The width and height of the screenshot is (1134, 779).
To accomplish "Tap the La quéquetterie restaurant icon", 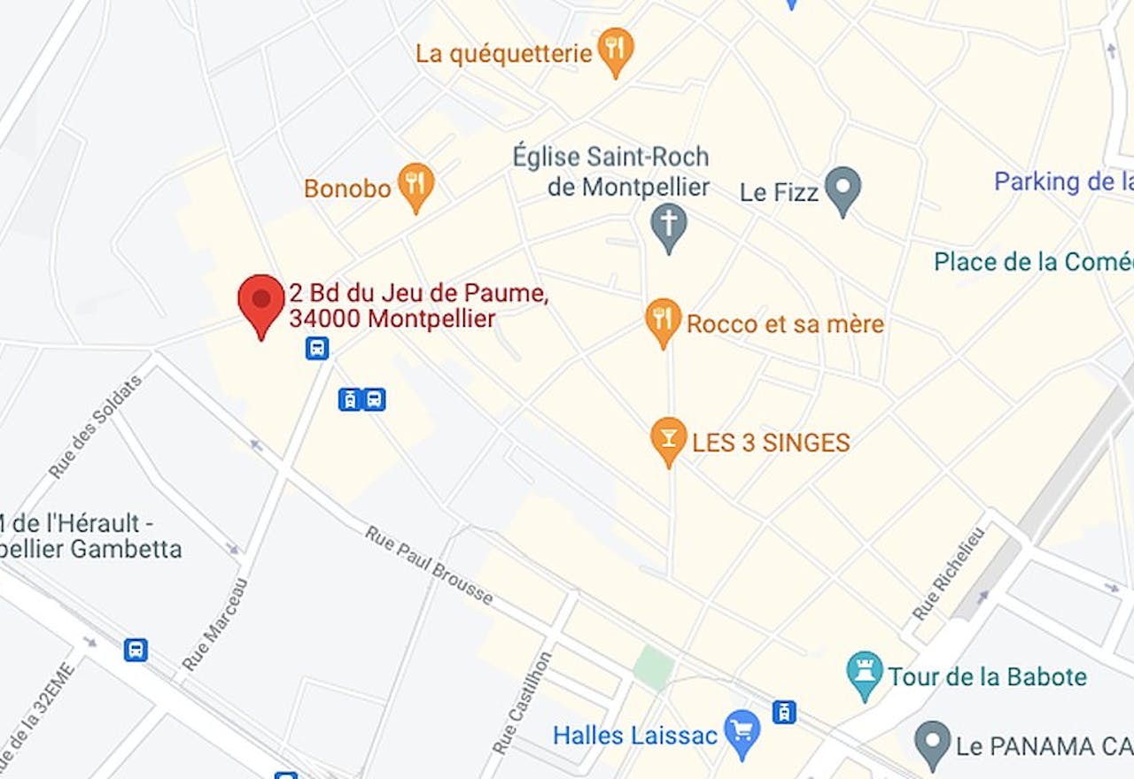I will click(616, 50).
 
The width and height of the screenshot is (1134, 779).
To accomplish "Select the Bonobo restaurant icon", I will click(416, 185).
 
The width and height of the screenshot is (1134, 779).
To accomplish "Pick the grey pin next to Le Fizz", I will click(843, 189).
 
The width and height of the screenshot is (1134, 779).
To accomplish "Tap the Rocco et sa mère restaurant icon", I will click(663, 320).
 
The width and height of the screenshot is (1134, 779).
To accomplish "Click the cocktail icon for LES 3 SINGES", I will click(669, 440).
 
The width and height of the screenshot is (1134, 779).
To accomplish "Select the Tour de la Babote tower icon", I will click(865, 675).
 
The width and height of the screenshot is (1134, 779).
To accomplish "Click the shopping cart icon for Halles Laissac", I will click(742, 732).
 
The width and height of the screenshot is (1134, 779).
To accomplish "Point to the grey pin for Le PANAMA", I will click(932, 744).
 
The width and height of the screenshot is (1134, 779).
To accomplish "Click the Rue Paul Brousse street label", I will click(430, 566).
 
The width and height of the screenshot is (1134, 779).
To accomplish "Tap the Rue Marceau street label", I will click(214, 624).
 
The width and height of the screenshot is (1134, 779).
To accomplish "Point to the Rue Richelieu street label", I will click(948, 573).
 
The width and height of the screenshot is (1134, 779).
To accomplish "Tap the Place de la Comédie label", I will click(1033, 262).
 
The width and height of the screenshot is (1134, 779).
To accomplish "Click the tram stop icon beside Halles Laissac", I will click(784, 712).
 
